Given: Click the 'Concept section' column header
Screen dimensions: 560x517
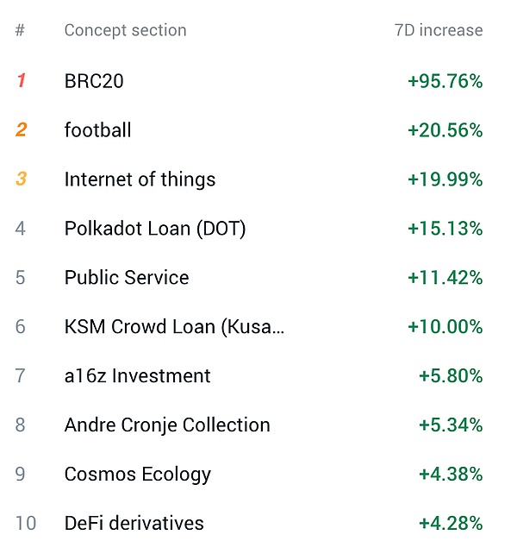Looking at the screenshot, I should pyautogui.click(x=125, y=31).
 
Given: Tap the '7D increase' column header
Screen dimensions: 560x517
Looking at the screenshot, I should pyautogui.click(x=438, y=31).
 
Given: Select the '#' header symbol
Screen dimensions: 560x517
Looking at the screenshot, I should pyautogui.click(x=20, y=31).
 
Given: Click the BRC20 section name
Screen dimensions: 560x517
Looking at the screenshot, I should pyautogui.click(x=94, y=81).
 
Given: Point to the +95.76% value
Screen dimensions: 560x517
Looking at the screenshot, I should pyautogui.click(x=445, y=81).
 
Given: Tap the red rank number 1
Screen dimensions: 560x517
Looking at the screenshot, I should pyautogui.click(x=21, y=81).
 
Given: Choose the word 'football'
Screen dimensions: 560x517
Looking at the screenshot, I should pyautogui.click(x=97, y=130).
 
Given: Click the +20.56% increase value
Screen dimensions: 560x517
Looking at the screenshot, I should pyautogui.click(x=445, y=130).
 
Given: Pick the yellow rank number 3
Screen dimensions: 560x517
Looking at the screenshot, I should pyautogui.click(x=21, y=179).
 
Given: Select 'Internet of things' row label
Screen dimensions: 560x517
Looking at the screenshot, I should pyautogui.click(x=140, y=179).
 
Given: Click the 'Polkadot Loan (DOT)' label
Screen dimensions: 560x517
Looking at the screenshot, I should pyautogui.click(x=155, y=229).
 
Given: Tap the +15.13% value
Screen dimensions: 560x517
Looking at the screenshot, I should pyautogui.click(x=445, y=229).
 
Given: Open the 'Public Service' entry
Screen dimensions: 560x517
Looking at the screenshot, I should pyautogui.click(x=127, y=278).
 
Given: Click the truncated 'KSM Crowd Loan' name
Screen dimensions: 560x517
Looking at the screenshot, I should pyautogui.click(x=174, y=327).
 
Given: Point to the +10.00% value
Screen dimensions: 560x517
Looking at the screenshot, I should pyautogui.click(x=445, y=327).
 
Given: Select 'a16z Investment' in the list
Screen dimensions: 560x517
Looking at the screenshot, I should pyautogui.click(x=137, y=376).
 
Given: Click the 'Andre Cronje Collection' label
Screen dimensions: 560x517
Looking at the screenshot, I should pyautogui.click(x=167, y=425).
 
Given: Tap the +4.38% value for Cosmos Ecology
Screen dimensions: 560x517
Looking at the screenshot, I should pyautogui.click(x=450, y=475).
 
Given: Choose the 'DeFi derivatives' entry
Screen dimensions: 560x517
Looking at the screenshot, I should pyautogui.click(x=134, y=524).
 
